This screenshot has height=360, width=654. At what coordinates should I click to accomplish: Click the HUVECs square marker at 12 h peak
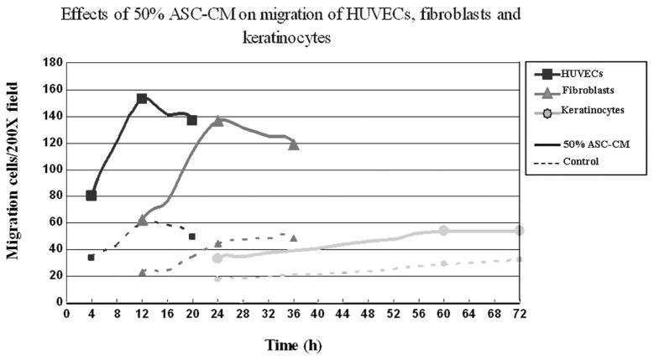click(142, 98)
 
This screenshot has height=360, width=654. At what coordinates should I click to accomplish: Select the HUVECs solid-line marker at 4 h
click(91, 196)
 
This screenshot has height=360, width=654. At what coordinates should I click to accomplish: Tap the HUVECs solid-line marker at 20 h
click(192, 120)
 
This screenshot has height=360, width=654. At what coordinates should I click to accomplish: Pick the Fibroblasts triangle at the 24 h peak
click(218, 121)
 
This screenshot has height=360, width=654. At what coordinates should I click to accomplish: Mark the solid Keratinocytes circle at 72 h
click(520, 230)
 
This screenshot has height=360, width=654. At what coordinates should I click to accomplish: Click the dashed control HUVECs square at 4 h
click(91, 257)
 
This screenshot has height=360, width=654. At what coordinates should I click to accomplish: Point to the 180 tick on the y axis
click(53, 62)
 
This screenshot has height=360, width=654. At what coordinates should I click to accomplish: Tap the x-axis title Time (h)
click(294, 345)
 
